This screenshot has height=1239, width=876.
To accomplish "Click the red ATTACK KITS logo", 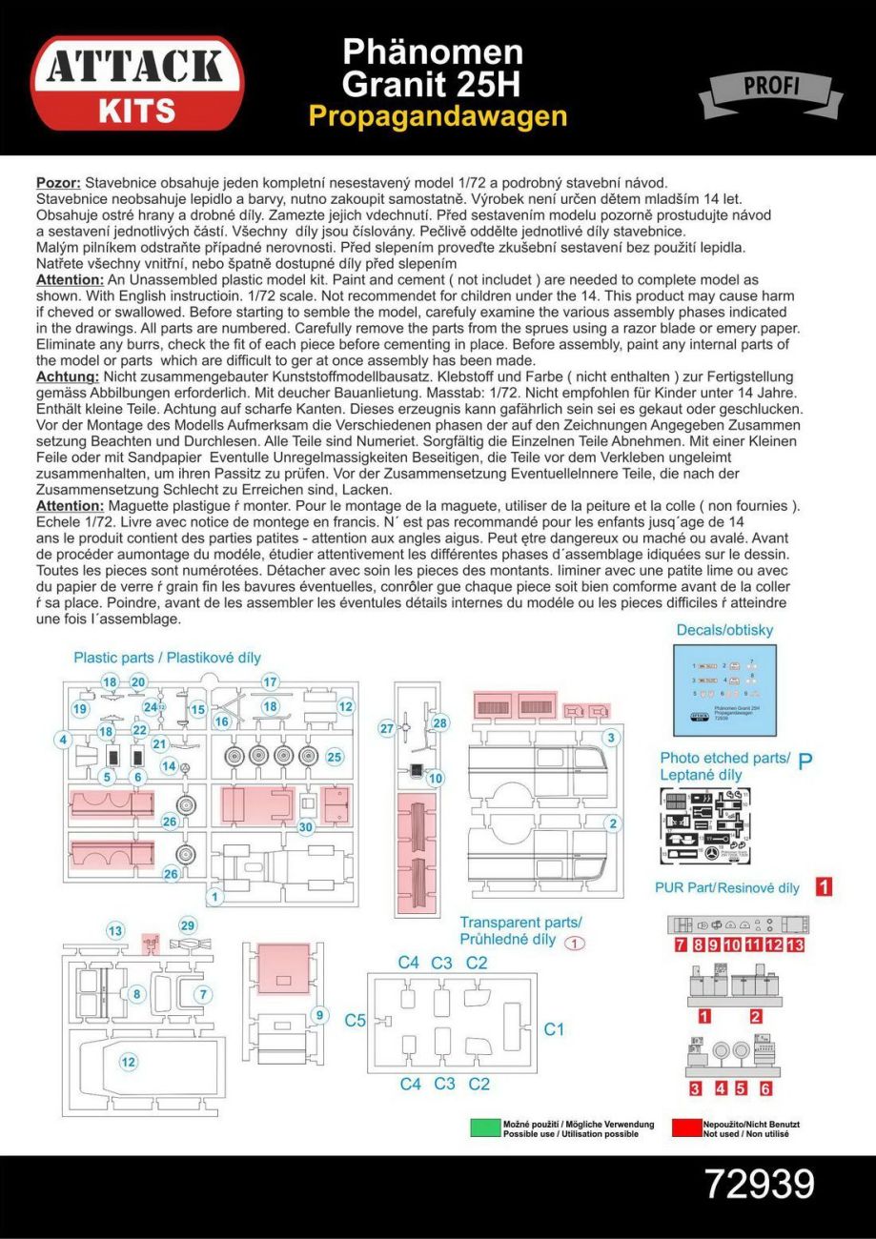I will [x=136, y=83].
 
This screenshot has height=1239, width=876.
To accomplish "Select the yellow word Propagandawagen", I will [x=438, y=116].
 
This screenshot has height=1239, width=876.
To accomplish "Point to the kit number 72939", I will [x=759, y=1184].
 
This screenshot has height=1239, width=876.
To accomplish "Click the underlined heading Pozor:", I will [x=57, y=182].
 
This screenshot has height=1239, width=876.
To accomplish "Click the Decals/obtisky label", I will [x=724, y=630].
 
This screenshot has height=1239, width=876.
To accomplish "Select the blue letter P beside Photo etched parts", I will [x=805, y=761].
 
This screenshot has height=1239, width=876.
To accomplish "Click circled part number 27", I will [x=387, y=729].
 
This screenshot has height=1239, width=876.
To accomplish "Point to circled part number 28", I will [x=440, y=723].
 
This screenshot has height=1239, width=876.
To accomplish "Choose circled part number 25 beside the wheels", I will [x=334, y=757].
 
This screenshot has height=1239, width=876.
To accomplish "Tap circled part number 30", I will [x=305, y=827].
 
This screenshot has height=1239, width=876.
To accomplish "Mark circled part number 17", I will [x=270, y=681].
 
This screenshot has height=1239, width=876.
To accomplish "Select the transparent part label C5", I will [x=355, y=1020].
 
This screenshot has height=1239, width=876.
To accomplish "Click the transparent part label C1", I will [x=554, y=1029].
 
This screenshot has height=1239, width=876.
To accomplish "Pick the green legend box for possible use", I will [x=485, y=1128].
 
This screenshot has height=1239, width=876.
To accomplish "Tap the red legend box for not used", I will [x=685, y=1128].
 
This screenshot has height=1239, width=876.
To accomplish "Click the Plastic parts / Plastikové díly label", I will [x=167, y=658].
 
